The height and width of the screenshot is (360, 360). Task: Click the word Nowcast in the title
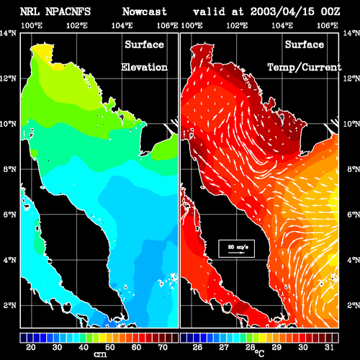(x=145, y=12)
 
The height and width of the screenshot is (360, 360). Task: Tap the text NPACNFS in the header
(x=68, y=12)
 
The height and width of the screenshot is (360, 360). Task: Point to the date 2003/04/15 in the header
(x=282, y=12)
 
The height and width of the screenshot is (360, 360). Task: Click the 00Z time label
(x=330, y=12)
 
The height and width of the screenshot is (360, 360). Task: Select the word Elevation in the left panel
(x=144, y=67)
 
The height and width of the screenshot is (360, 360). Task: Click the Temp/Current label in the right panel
(x=305, y=68)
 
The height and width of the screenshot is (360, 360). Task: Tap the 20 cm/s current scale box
(x=236, y=248)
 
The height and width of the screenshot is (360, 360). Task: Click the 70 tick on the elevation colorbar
(x=163, y=347)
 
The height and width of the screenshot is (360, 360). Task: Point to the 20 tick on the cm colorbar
(x=31, y=347)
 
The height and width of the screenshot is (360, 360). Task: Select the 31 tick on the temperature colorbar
(x=329, y=347)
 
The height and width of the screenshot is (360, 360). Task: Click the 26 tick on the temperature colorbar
(x=197, y=347)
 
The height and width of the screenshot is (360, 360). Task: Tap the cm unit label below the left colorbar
(x=100, y=354)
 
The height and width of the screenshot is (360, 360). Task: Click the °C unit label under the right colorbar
(x=260, y=354)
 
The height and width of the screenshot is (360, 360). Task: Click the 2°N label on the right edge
(x=354, y=305)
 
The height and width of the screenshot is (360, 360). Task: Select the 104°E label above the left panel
(x=122, y=25)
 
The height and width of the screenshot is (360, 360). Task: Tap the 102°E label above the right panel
(x=237, y=25)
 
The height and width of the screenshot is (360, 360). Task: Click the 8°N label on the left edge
(x=10, y=169)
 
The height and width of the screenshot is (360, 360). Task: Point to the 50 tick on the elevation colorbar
(x=110, y=347)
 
